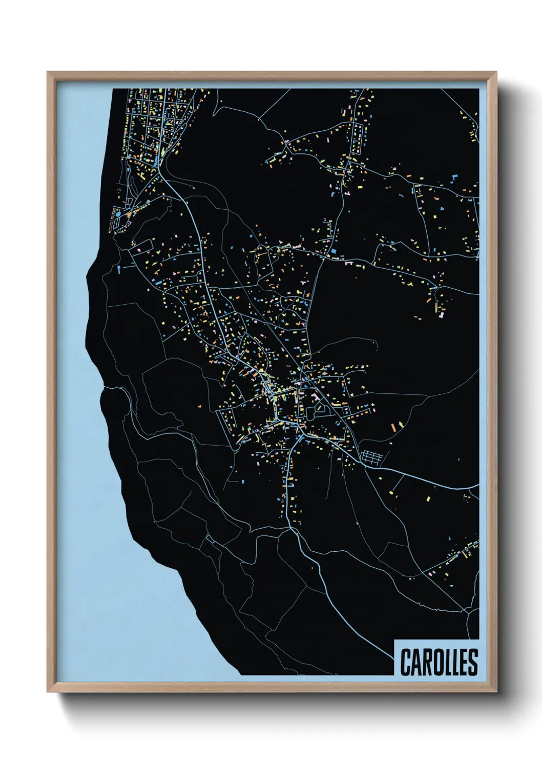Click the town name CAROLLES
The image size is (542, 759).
coord(439,662)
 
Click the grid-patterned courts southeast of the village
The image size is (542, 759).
coord(372,457)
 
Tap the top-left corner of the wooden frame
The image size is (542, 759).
coord(48,72)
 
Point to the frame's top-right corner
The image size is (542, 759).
coord(496,72)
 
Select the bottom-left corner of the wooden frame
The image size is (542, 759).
coord(48,691)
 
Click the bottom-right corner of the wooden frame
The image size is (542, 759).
coord(496,691)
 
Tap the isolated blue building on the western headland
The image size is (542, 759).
coord(119,268)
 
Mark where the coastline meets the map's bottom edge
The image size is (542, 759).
coord(240,674)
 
